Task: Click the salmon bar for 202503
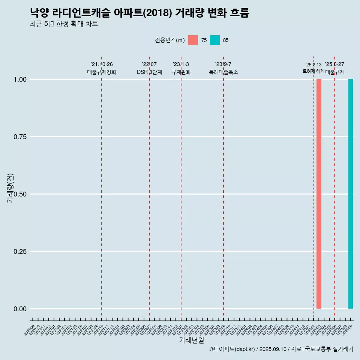(x=319, y=194)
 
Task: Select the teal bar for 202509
(x=351, y=194)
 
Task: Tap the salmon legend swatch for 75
(x=193, y=40)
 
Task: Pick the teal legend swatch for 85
(x=215, y=40)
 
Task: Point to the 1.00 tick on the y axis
(x=20, y=79)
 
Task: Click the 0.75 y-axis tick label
(x=20, y=137)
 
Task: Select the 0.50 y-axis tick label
(x=20, y=194)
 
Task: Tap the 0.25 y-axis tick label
(x=20, y=252)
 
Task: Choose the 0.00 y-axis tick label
(x=20, y=309)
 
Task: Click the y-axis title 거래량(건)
(x=10, y=188)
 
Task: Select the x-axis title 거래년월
(x=191, y=340)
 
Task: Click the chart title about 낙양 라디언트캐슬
(x=139, y=13)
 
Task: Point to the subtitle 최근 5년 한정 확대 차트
(x=64, y=24)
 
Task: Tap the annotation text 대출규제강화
(x=102, y=72)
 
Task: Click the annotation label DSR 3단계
(x=149, y=72)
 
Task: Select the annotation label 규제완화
(x=181, y=72)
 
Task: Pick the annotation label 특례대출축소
(x=223, y=72)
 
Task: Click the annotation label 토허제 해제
(x=313, y=71)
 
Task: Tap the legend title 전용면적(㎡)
(x=169, y=40)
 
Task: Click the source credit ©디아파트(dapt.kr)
(x=232, y=349)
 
